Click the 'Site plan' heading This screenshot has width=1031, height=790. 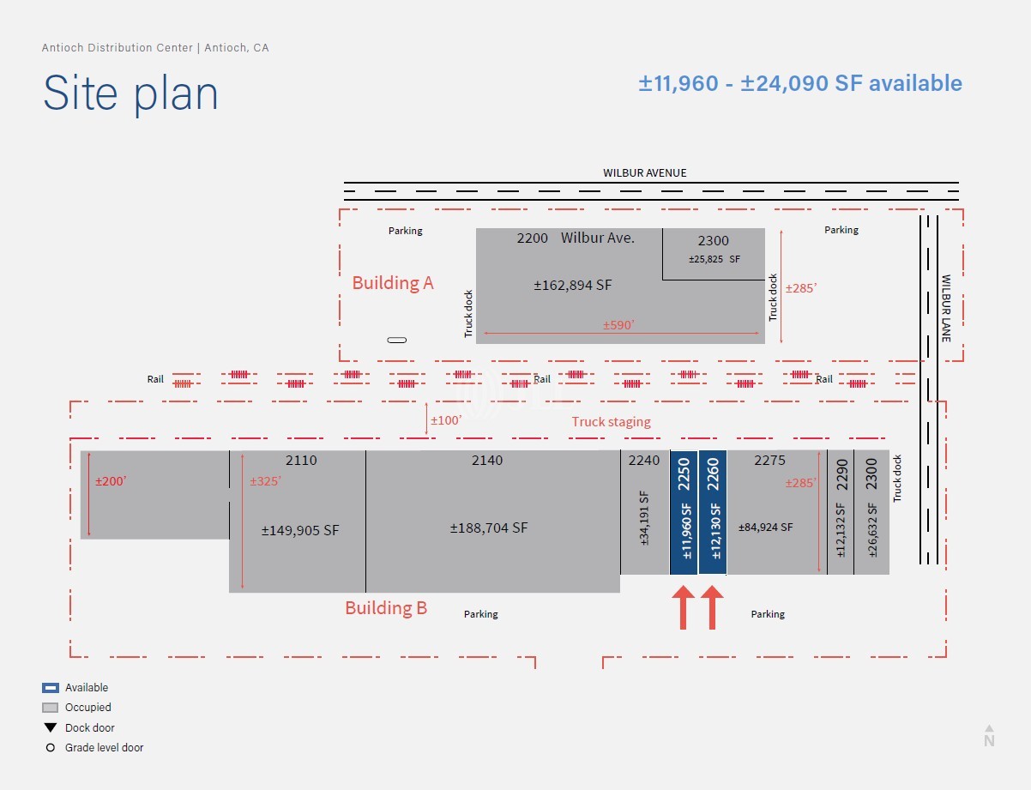point(130,93)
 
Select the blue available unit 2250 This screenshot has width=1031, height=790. point(684,512)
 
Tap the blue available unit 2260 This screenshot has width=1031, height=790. point(713,512)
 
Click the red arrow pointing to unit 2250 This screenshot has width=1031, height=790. point(684,607)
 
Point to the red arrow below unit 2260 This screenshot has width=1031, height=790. point(713,607)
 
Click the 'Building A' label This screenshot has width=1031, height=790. point(393,283)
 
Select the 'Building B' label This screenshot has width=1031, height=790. point(386,608)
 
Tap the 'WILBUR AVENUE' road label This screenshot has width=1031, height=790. point(644,172)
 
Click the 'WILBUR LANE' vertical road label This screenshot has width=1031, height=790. point(946,308)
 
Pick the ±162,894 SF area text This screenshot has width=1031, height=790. point(573,285)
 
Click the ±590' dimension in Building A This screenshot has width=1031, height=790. point(618,325)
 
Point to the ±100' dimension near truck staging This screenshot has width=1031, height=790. point(445,420)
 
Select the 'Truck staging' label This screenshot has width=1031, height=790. point(611,422)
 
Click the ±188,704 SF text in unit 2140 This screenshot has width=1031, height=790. point(489,528)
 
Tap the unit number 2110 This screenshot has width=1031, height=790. point(301,461)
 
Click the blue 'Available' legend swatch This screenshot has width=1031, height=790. point(51,688)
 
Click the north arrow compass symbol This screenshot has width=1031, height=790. point(989,734)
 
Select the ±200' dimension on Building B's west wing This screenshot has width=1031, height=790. point(111,481)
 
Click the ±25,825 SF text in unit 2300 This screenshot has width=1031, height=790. point(714,258)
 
